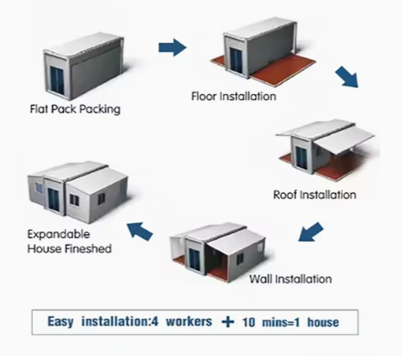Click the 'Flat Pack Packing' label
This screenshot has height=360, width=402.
[x=75, y=109]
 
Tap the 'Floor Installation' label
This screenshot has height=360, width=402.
[x=233, y=97]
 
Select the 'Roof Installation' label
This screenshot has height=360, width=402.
[x=315, y=195]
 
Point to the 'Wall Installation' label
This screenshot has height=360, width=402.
[x=290, y=279]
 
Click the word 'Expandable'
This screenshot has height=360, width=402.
[x=59, y=234]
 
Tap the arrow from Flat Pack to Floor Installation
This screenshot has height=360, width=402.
[x=172, y=48]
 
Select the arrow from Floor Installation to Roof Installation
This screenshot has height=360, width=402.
[x=347, y=77]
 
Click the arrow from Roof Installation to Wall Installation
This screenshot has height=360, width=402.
[x=311, y=232]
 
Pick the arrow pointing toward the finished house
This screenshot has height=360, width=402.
[x=139, y=231]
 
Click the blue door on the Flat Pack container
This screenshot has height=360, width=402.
[x=57, y=81]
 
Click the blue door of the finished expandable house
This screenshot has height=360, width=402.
[x=52, y=200]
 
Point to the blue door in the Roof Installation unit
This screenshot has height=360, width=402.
[x=301, y=159]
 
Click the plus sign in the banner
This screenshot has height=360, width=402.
[x=227, y=322]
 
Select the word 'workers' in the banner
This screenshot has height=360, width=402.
[x=189, y=321]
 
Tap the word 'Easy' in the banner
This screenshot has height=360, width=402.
[x=60, y=321]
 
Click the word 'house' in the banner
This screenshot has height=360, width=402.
[x=323, y=322]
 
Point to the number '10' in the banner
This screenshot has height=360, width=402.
[x=248, y=322]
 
